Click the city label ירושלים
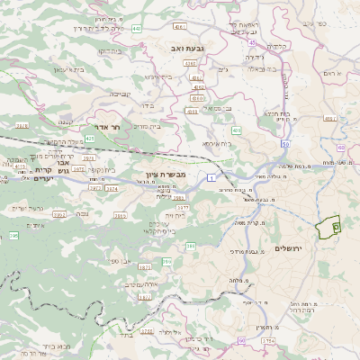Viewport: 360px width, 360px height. pyautogui.click(x=317, y=247)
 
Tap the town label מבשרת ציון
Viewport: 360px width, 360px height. pyautogui.click(x=166, y=175)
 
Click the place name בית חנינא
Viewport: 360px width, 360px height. pyautogui.click(x=274, y=114)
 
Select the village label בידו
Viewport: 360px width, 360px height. pyautogui.click(x=161, y=104)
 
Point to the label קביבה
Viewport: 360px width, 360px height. pyautogui.click(x=121, y=93)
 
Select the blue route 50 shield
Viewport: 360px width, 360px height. pyautogui.click(x=285, y=144)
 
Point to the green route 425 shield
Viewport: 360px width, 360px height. pyautogui.click(x=89, y=139)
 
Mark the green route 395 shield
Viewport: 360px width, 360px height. pyautogui.click(x=13, y=235)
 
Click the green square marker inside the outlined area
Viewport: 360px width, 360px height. pyautogui.click(x=336, y=228)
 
